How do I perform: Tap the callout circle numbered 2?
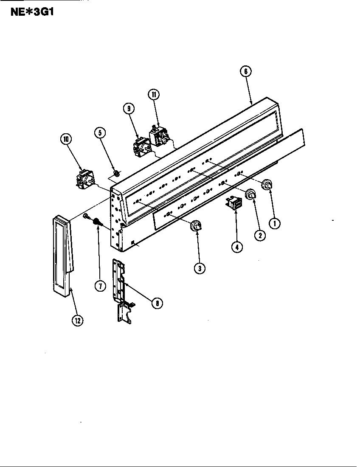click(260, 234)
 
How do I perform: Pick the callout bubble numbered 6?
click(245, 72)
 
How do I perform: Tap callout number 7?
click(100, 286)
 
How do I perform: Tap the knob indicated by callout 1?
click(267, 185)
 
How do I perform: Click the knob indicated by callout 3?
click(196, 227)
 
